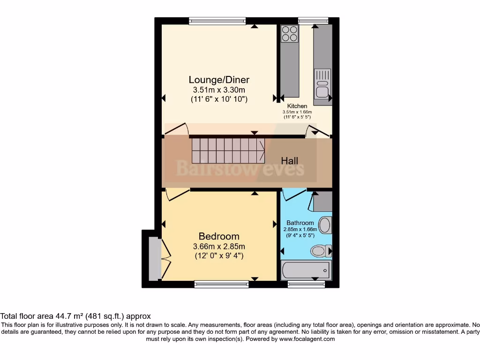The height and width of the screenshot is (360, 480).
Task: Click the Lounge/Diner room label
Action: pyautogui.click(x=219, y=80)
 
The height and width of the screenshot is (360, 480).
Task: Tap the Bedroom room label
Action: pyautogui.click(x=219, y=236)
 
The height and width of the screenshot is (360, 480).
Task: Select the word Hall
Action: pyautogui.click(x=289, y=161)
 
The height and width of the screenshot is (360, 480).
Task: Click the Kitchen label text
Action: pyautogui.click(x=297, y=106)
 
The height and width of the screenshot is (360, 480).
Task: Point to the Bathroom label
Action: pyautogui.click(x=300, y=223)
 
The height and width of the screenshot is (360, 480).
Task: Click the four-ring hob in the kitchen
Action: pyautogui.click(x=289, y=33)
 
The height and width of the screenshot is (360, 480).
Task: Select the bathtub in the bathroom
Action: pyautogui.click(x=306, y=270)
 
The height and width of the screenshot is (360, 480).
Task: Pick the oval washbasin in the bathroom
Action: pyautogui.click(x=324, y=225)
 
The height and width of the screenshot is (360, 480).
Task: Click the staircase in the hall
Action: pyautogui.click(x=228, y=150)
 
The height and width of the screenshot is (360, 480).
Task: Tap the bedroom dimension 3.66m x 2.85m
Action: pyautogui.click(x=219, y=247)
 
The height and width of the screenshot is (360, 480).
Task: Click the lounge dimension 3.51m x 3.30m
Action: pyautogui.click(x=219, y=90)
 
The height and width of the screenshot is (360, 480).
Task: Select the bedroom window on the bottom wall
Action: pyautogui.click(x=221, y=283)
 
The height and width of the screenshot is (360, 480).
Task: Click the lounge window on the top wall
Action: pyautogui.click(x=217, y=20)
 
